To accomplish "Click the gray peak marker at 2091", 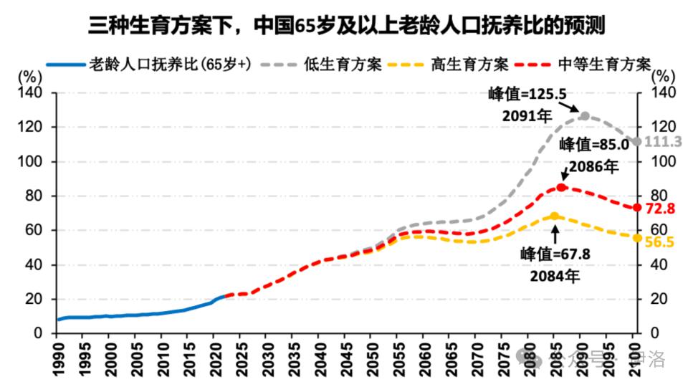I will point(585,115).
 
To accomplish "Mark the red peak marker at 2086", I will point(562,187).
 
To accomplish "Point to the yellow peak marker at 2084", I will point(554,216).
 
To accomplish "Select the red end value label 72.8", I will point(660,209).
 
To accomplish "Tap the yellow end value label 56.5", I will point(659,242).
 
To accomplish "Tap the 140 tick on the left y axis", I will point(34,93).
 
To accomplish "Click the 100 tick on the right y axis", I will point(663,162).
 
